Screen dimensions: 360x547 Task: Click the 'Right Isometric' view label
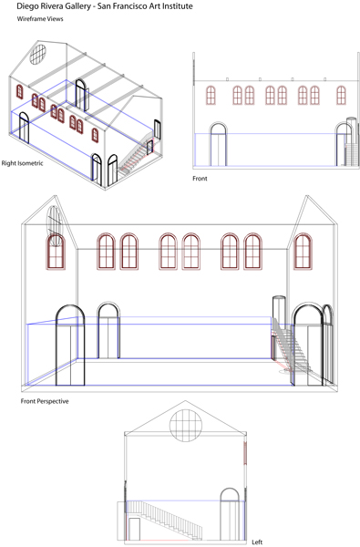pyautogui.click(x=22, y=163)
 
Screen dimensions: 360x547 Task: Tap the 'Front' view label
pyautogui.click(x=200, y=179)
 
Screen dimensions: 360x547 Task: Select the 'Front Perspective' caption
pyautogui.click(x=45, y=401)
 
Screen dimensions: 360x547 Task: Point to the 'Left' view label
pyautogui.click(x=257, y=542)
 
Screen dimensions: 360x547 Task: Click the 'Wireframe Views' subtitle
pyautogui.click(x=40, y=19)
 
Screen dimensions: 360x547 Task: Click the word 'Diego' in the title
pyautogui.click(x=26, y=6)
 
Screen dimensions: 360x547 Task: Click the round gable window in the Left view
pyautogui.click(x=186, y=426)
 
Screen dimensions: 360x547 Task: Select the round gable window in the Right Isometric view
pyautogui.click(x=37, y=55)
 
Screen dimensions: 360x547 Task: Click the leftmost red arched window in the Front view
pyautogui.click(x=211, y=95)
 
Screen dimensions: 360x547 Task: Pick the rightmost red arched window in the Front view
pyautogui.click(x=341, y=95)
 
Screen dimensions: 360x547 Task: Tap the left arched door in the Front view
pyautogui.click(x=218, y=144)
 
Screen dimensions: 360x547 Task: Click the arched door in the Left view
pyautogui.click(x=230, y=514)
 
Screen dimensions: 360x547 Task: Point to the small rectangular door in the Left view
pyautogui.click(x=134, y=529)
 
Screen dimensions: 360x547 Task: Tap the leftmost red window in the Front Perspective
pyautogui.click(x=56, y=252)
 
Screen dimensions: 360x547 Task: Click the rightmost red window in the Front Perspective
pyautogui.click(x=303, y=252)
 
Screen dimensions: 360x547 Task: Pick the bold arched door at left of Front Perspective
pyautogui.click(x=70, y=345)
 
